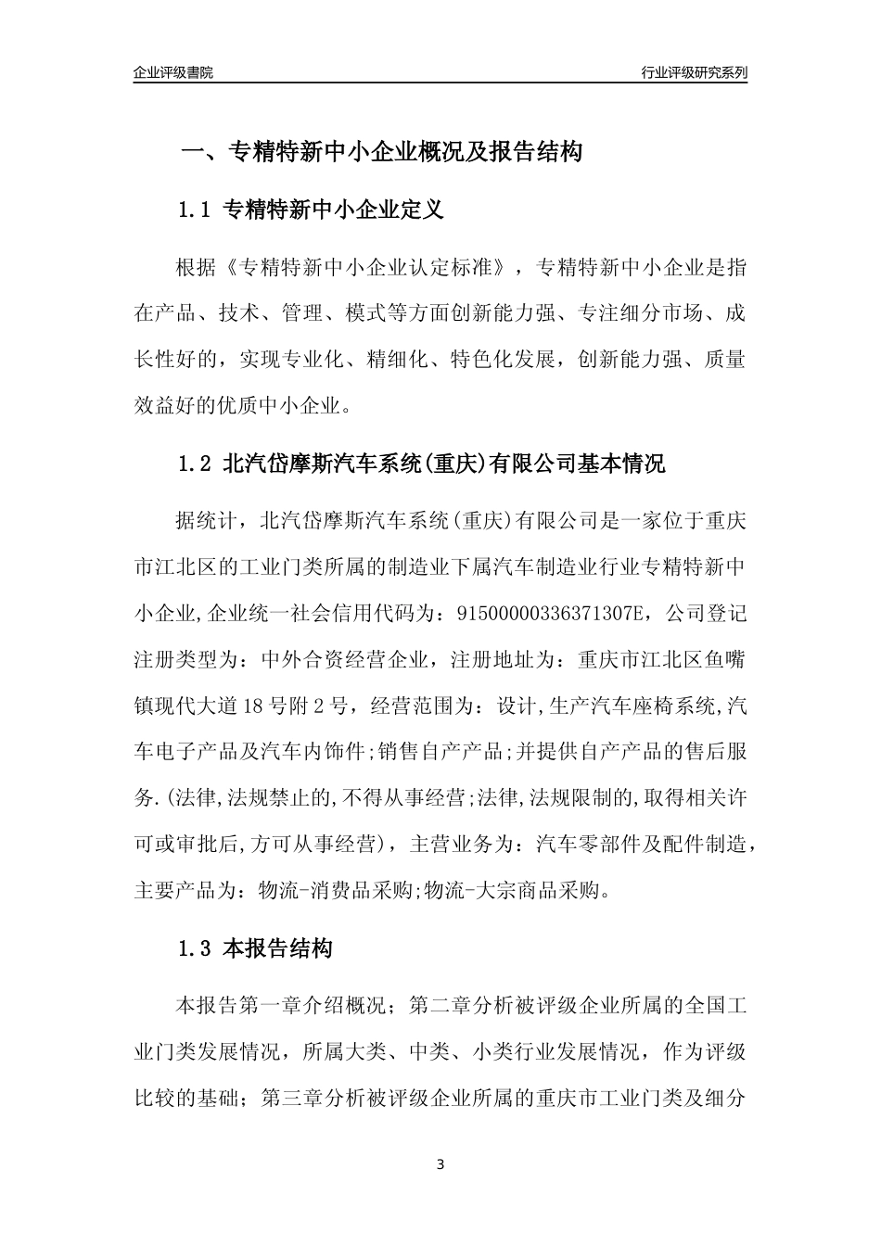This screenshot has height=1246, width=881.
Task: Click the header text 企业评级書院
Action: (172, 72)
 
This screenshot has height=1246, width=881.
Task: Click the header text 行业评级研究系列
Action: (694, 72)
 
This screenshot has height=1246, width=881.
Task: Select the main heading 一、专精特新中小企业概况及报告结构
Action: (380, 152)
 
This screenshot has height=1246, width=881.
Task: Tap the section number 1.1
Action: (195, 210)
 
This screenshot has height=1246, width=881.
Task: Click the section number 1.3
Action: (195, 949)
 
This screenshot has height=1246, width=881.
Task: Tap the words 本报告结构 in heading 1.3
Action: (277, 949)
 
